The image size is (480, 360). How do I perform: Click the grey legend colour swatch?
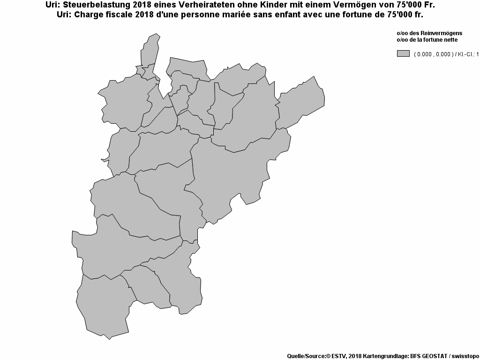coord(403,53)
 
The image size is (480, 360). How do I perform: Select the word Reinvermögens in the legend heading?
coord(442,33)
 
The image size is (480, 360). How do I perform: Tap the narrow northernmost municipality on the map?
coord(150,49)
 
